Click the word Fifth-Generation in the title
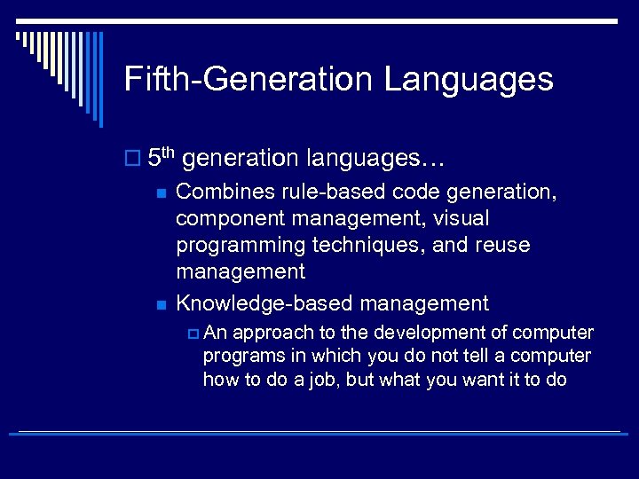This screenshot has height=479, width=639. tap(248, 79)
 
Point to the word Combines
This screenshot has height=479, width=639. tap(222, 192)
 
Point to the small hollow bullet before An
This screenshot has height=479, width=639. tap(193, 334)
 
